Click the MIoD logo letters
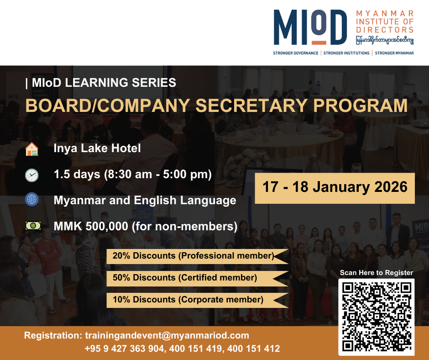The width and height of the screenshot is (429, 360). (x=310, y=27)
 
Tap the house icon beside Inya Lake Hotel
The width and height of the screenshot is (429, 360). (x=32, y=149)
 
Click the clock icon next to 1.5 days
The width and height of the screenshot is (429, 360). (x=32, y=175)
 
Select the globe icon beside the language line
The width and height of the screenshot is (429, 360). (x=32, y=199)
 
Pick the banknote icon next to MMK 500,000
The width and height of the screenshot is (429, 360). (x=33, y=226)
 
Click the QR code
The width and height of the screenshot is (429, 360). (x=377, y=317)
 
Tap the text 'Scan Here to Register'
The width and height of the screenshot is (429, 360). (x=377, y=273)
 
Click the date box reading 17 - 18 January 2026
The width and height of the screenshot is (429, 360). (x=335, y=188)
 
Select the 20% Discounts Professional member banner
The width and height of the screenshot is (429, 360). (x=198, y=256)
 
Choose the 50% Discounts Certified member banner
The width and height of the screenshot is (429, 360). (x=198, y=278)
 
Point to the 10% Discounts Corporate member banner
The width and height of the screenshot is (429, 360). (x=198, y=300)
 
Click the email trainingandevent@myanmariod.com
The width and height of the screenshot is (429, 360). (x=167, y=336)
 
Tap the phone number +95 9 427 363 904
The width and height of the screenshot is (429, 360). (x=125, y=349)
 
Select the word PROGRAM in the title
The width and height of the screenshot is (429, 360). (x=361, y=106)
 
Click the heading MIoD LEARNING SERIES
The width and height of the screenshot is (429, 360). (x=104, y=83)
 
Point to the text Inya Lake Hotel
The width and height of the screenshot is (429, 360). (x=97, y=148)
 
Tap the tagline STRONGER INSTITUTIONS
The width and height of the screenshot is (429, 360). (x=346, y=53)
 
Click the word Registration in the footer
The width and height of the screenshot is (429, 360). (x=53, y=336)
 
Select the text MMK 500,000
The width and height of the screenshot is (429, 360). (x=91, y=226)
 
